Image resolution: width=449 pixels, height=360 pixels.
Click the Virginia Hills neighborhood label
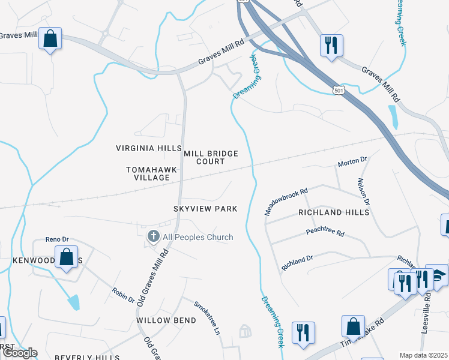pos(148,148)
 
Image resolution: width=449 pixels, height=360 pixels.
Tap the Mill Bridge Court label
pos(211,158)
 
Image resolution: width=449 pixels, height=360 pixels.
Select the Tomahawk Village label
pos(152,174)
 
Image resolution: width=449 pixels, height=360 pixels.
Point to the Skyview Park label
pos(205,209)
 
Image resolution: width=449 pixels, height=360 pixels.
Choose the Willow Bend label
pos(166,320)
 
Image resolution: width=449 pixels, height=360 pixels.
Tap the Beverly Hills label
pos(83,357)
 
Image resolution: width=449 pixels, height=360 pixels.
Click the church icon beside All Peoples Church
pos(153,237)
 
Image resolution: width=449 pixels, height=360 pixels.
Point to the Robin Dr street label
pos(123,295)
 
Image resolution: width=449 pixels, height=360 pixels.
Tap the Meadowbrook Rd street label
pos(286,200)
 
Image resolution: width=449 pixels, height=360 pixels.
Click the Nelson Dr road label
pos(363,192)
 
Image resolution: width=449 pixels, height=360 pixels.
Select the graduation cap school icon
pos(438,275)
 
